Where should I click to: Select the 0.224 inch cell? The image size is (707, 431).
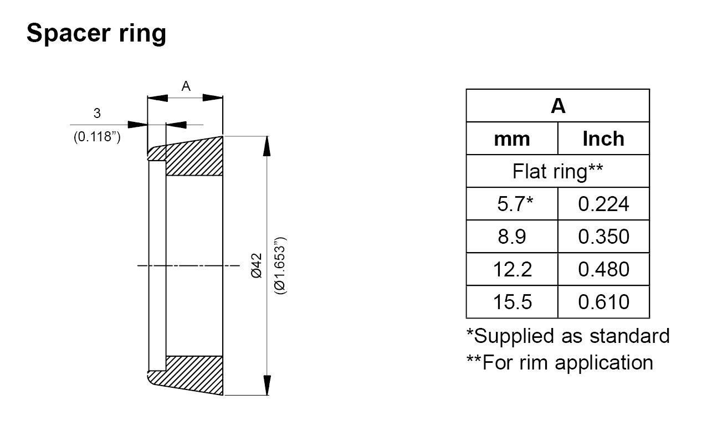click(x=603, y=204)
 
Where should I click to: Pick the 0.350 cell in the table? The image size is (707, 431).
click(x=603, y=237)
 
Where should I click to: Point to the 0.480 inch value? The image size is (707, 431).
click(x=603, y=269)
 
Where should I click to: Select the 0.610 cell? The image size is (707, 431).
click(x=603, y=302)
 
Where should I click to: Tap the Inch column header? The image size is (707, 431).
click(x=603, y=138)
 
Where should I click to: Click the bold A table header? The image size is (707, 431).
click(x=558, y=106)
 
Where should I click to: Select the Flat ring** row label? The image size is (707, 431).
click(x=558, y=171)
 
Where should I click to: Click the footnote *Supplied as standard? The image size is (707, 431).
click(x=567, y=336)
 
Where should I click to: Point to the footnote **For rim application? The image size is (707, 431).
click(x=560, y=362)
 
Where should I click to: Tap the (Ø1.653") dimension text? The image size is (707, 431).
click(x=281, y=265)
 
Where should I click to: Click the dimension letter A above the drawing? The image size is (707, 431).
click(x=186, y=86)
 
